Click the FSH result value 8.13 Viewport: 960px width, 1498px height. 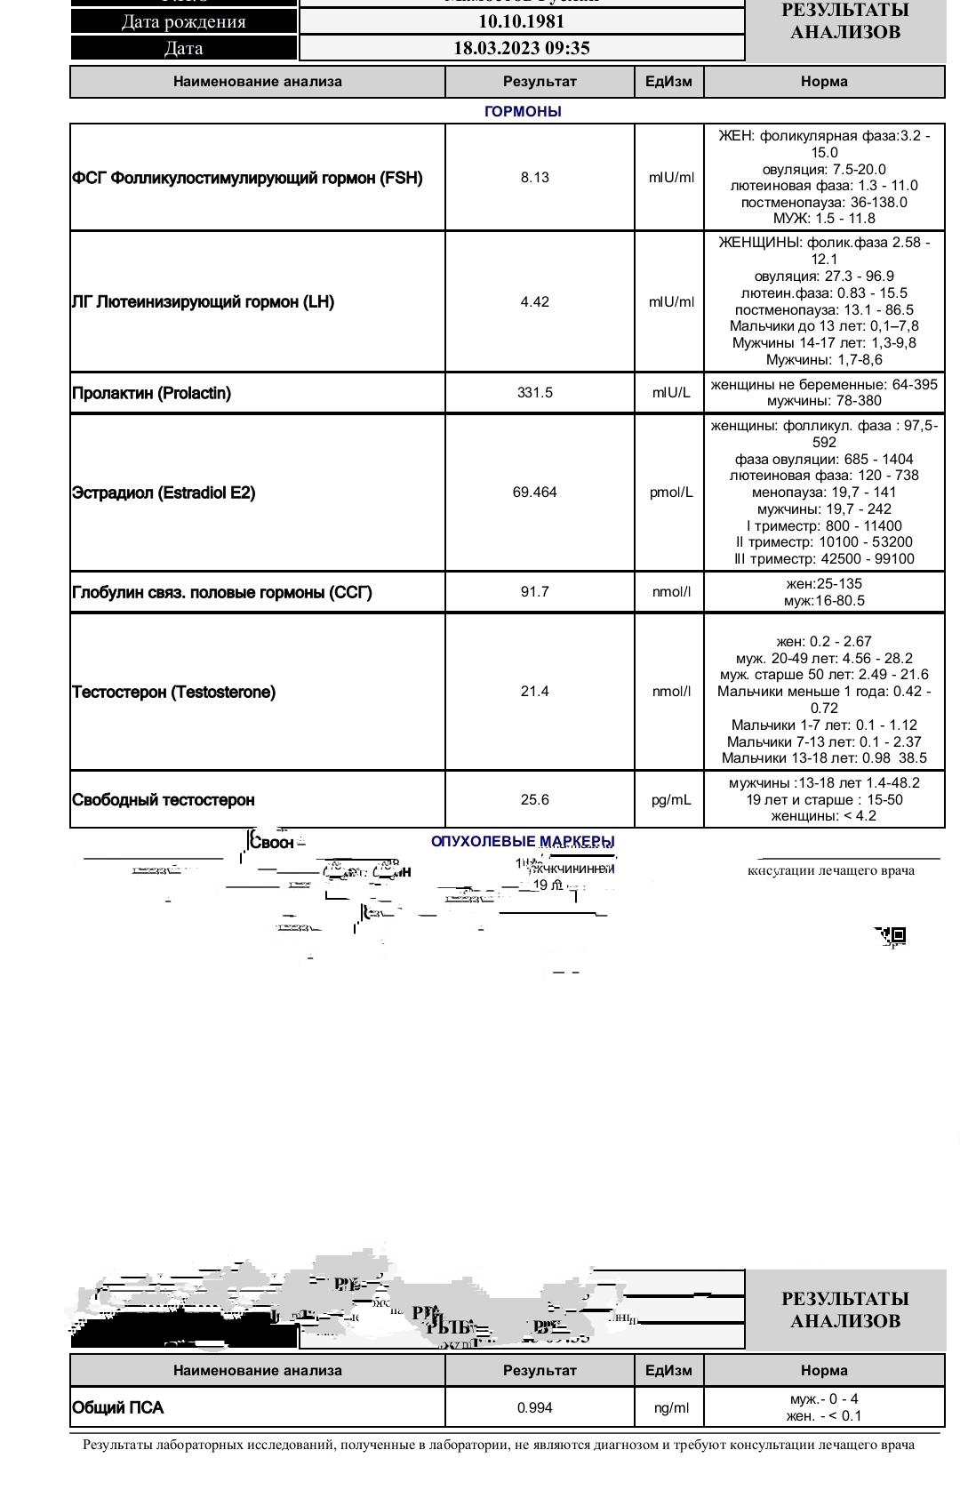[x=535, y=178]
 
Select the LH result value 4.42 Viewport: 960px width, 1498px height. [x=535, y=302]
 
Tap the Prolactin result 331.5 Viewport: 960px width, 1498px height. [x=535, y=393]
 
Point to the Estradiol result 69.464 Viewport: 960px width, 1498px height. [x=535, y=493]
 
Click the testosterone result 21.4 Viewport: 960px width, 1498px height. [x=535, y=692]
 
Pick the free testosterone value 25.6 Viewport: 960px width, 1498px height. [x=535, y=800]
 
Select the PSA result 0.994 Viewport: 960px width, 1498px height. [x=535, y=1408]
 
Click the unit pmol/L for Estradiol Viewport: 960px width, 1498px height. [x=671, y=493]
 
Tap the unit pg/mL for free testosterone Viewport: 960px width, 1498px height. [x=671, y=800]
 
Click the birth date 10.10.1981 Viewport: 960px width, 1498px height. [x=522, y=22]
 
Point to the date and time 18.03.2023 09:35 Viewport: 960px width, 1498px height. [x=522, y=48]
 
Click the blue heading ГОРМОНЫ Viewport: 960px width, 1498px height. [x=523, y=112]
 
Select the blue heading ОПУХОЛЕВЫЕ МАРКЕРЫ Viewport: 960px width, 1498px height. [x=523, y=841]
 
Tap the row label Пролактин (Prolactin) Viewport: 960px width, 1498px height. [x=151, y=393]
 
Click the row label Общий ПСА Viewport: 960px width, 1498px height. [x=117, y=1408]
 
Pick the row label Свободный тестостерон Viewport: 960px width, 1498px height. [x=163, y=800]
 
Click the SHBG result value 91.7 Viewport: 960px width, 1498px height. [x=535, y=592]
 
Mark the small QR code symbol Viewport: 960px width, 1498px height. [x=897, y=935]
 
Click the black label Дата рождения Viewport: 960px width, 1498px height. [x=184, y=22]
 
